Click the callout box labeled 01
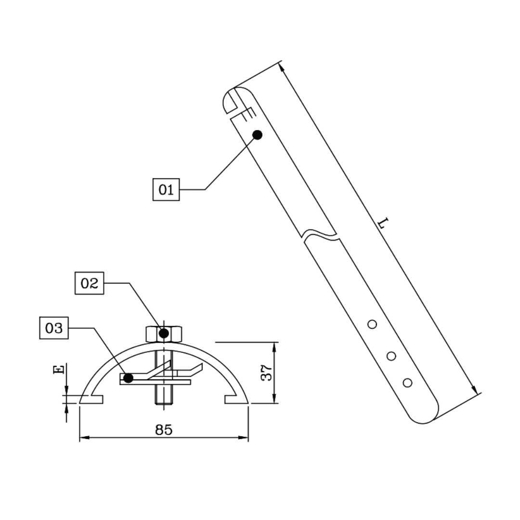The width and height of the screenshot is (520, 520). coord(166,189)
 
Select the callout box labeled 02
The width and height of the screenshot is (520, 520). coord(89,283)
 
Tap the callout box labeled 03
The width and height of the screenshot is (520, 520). coord(54,328)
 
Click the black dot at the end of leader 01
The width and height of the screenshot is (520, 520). coord(258,135)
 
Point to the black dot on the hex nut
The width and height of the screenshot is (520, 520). coord(164,333)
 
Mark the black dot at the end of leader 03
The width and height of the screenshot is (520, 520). coord(128,378)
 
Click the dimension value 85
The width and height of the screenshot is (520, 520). coord(164,430)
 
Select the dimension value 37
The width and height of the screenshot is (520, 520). coord(267,373)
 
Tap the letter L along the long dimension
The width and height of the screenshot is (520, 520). coord(383,223)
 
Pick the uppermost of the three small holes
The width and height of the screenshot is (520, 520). coord(372,324)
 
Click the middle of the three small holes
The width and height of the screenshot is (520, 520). coord(391,356)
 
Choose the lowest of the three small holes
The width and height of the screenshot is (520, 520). coord(408,383)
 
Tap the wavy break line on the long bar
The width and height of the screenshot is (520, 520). coord(320,235)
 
